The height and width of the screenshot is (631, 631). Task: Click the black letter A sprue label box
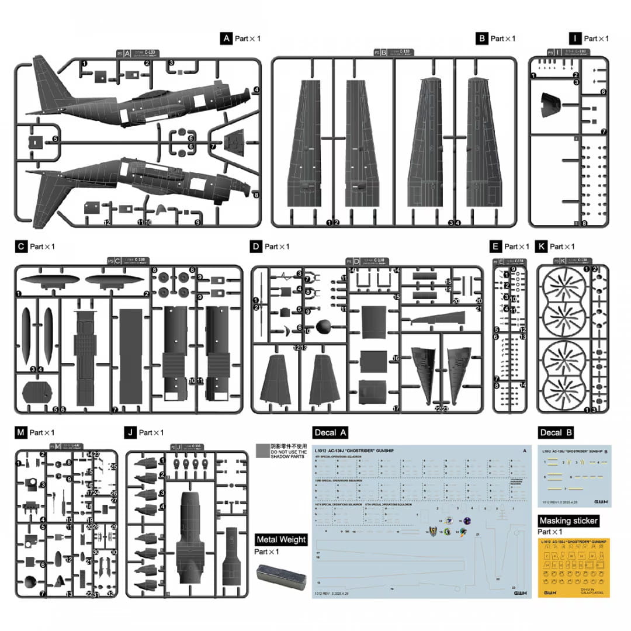[x=226, y=39]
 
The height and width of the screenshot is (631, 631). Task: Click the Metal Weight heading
[x=282, y=539]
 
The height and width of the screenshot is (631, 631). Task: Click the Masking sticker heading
[x=568, y=521]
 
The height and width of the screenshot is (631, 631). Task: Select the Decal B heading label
[x=555, y=433]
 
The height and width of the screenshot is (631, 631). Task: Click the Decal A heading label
[x=331, y=433]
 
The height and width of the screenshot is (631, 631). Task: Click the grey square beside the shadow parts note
[x=262, y=450]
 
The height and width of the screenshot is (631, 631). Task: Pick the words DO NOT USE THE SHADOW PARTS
[x=288, y=456]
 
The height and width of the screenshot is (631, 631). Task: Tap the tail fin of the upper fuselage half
[x=48, y=85]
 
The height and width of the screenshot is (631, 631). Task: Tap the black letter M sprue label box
[x=21, y=432]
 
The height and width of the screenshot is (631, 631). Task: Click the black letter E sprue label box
[x=495, y=247]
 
